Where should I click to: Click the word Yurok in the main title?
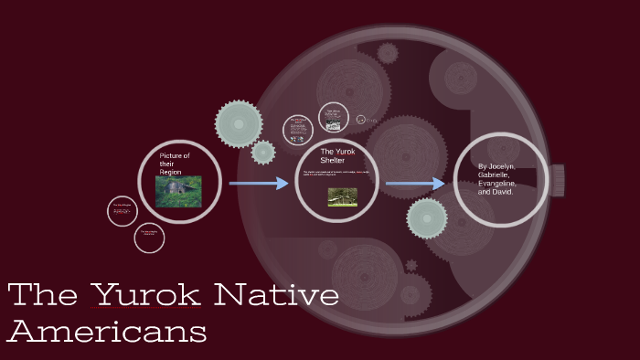(146, 296)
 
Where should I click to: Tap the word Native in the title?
(276, 296)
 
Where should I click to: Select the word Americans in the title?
(106, 331)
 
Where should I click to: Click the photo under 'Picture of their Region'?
(178, 192)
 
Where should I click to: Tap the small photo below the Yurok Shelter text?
(342, 196)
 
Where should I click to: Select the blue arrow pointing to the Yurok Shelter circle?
(259, 184)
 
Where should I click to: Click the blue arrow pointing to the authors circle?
(415, 184)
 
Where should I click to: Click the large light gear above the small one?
(239, 123)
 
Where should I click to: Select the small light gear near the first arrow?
(263, 153)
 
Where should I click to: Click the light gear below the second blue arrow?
(427, 218)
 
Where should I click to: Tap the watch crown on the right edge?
(557, 180)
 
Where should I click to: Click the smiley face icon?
(361, 120)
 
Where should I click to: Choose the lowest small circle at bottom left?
(149, 238)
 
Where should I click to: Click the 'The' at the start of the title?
(41, 296)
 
